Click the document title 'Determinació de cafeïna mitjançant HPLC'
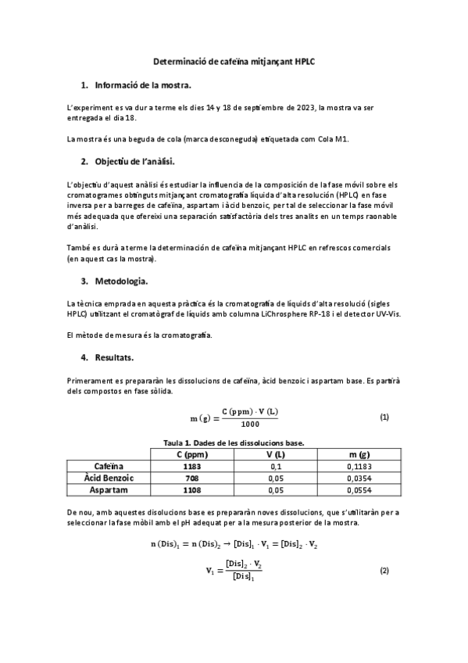click(234, 60)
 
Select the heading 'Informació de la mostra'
click(142, 84)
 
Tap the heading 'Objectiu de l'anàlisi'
click(134, 162)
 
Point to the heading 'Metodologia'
click(120, 281)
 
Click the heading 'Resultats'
click(114, 358)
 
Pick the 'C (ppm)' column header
click(191, 454)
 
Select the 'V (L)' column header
click(275, 454)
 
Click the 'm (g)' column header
click(359, 454)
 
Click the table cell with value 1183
click(191, 467)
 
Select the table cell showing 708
click(191, 478)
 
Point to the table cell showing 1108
click(191, 490)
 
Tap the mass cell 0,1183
click(359, 467)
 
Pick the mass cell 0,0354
click(359, 478)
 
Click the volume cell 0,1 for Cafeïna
click(275, 467)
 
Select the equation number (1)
click(384, 418)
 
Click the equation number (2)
click(384, 570)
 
